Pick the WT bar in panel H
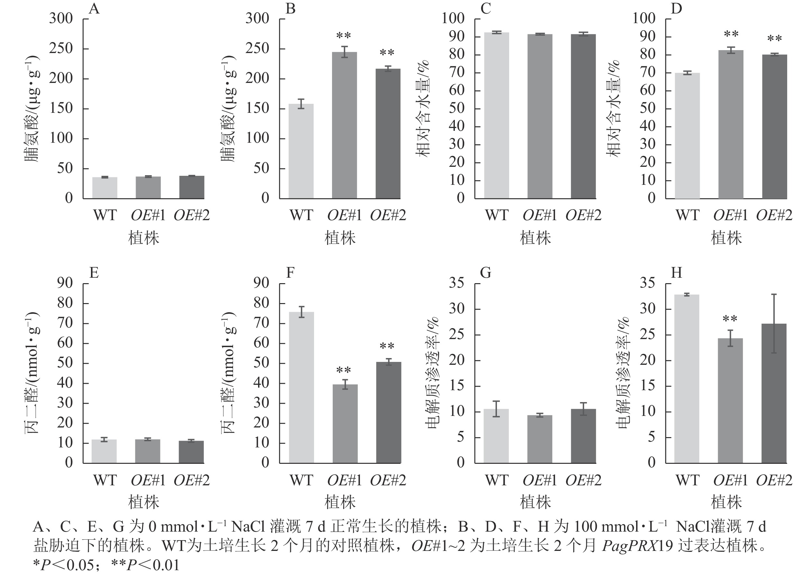687,379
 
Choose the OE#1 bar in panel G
540,439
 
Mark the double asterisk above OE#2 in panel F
387,346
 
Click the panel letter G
485,273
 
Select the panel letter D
676,8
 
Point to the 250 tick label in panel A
60,49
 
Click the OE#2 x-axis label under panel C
583,215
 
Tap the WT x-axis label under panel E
105,481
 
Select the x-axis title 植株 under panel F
340,502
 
